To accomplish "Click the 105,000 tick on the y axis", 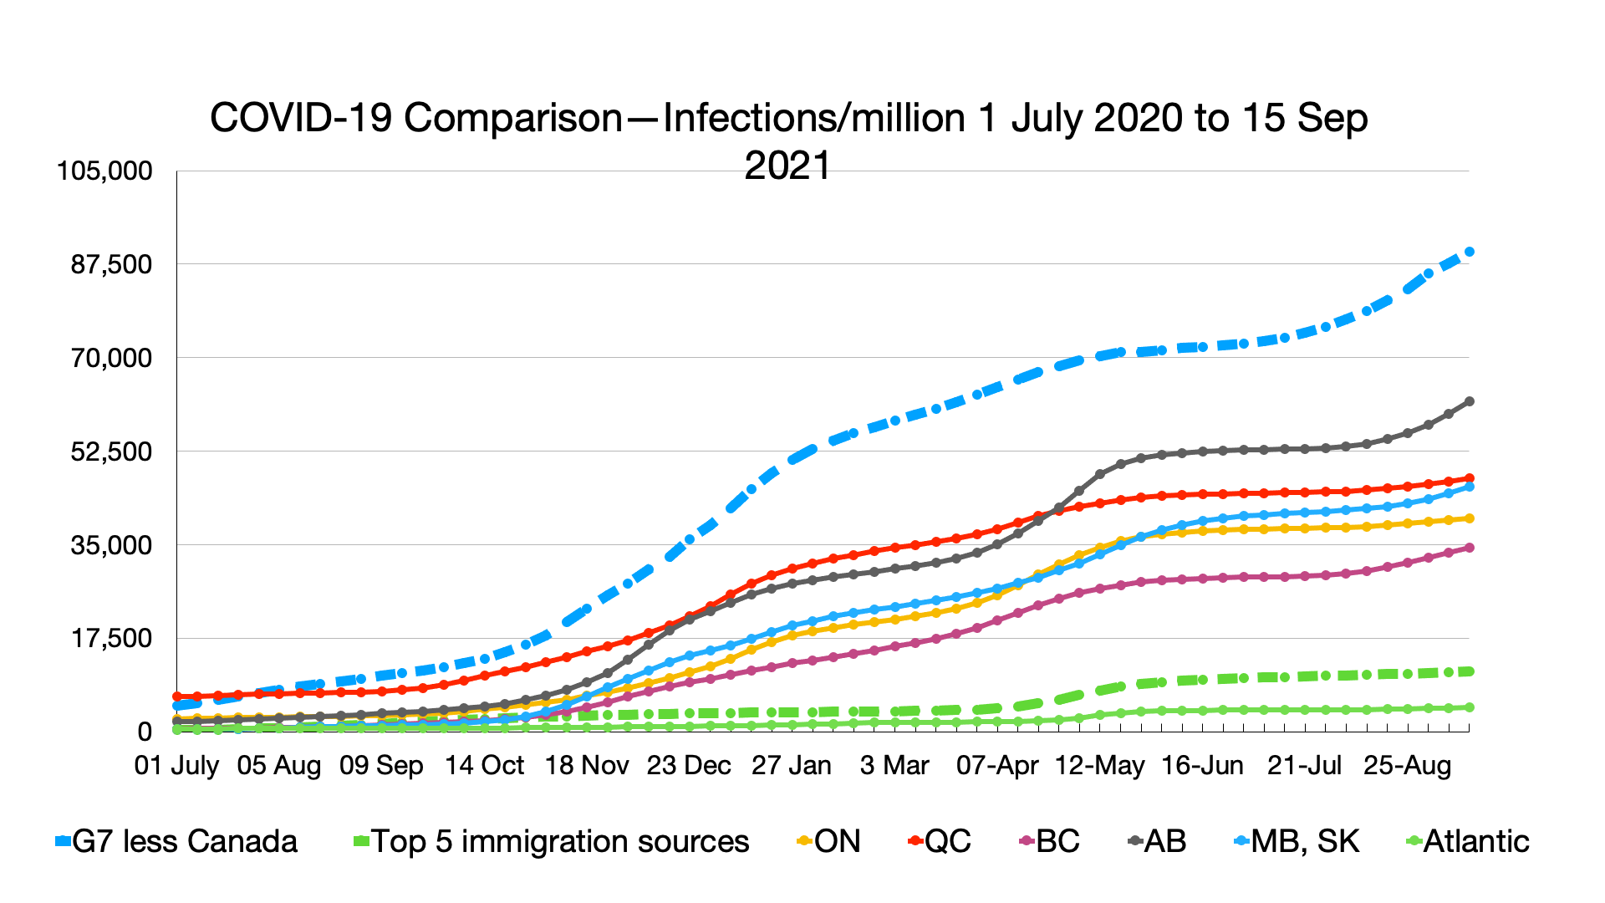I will click(x=104, y=171).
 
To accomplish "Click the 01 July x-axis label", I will click(x=176, y=765).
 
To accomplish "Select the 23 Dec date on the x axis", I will click(x=689, y=765).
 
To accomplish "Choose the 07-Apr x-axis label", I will click(x=997, y=765).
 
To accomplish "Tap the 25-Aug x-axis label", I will click(x=1408, y=765).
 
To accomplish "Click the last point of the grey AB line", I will click(x=1469, y=401).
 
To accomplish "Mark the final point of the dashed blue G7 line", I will click(x=1469, y=252).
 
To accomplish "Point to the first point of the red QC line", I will click(x=177, y=696).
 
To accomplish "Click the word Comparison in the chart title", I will click(x=513, y=118).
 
